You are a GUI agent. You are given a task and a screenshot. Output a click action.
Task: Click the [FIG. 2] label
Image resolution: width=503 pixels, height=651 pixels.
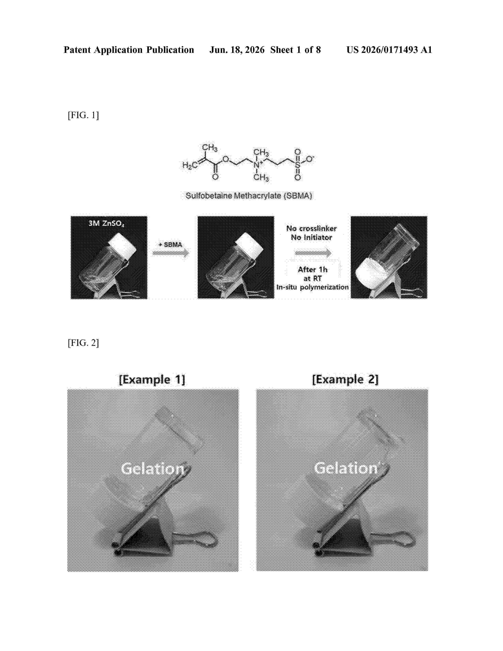pyautogui.click(x=83, y=343)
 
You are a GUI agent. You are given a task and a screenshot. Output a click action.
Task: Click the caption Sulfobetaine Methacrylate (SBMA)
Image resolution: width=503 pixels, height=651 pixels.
pyautogui.click(x=249, y=196)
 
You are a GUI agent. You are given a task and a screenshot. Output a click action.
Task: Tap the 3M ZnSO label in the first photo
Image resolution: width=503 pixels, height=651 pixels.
pyautogui.click(x=106, y=223)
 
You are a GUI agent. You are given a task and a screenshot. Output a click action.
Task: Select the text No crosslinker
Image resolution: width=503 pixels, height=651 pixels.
pyautogui.click(x=311, y=229)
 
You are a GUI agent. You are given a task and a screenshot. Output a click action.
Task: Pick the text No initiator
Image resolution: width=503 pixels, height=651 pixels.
pyautogui.click(x=311, y=238)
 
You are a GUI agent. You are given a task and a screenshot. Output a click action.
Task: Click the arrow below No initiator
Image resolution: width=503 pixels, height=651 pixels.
pyautogui.click(x=313, y=253)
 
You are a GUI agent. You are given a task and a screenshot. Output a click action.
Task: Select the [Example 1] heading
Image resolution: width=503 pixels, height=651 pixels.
pyautogui.click(x=152, y=380)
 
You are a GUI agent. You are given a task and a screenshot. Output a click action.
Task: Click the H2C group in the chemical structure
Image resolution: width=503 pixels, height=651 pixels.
pyautogui.click(x=190, y=165)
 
